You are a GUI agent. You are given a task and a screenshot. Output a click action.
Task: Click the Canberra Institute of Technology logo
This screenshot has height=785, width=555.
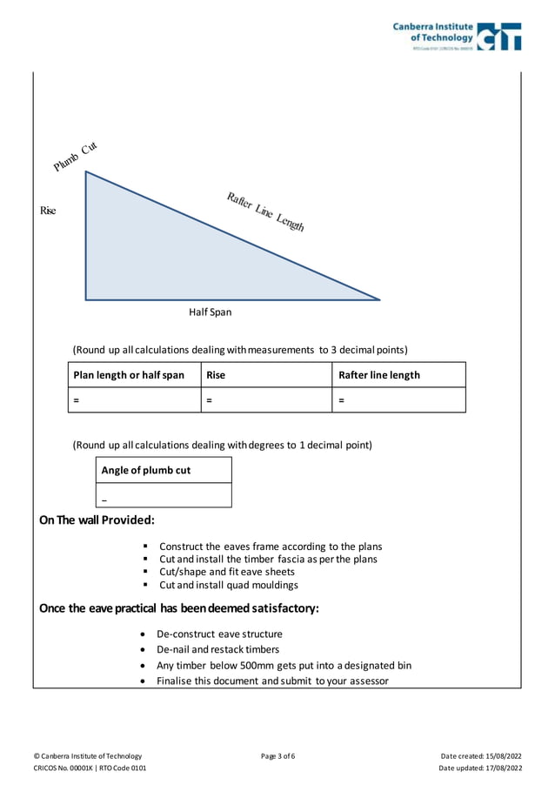pos(457,36)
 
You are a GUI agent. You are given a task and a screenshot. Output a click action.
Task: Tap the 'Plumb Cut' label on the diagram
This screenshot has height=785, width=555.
pos(75,156)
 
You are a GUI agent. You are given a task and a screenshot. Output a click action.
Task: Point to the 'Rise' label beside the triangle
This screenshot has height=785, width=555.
pos(48,211)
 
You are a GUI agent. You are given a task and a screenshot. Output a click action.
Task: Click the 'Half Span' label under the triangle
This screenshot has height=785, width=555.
pos(211,312)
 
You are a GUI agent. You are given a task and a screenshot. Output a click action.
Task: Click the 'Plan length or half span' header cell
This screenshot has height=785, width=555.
pos(129,375)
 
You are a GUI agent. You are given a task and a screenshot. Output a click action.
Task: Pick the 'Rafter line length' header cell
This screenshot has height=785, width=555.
pos(379,375)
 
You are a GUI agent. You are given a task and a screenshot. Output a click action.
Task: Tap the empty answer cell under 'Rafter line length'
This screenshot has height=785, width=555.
pos(399,400)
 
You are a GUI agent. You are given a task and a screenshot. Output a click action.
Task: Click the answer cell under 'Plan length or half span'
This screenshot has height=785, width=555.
pos(134,400)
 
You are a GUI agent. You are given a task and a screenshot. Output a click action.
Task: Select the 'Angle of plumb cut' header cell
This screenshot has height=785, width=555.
pos(146,471)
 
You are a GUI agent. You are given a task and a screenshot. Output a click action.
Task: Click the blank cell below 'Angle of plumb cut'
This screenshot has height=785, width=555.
pos(164,495)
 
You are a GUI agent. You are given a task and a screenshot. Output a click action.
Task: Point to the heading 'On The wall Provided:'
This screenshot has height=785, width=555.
pos(97,520)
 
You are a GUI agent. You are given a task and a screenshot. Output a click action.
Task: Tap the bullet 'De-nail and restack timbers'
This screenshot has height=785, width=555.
pos(218,649)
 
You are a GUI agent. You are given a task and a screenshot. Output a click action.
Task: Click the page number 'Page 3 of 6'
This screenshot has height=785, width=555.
pos(277,755)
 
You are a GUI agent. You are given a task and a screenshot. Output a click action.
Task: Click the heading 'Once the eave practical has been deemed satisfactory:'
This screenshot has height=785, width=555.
pos(179,607)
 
